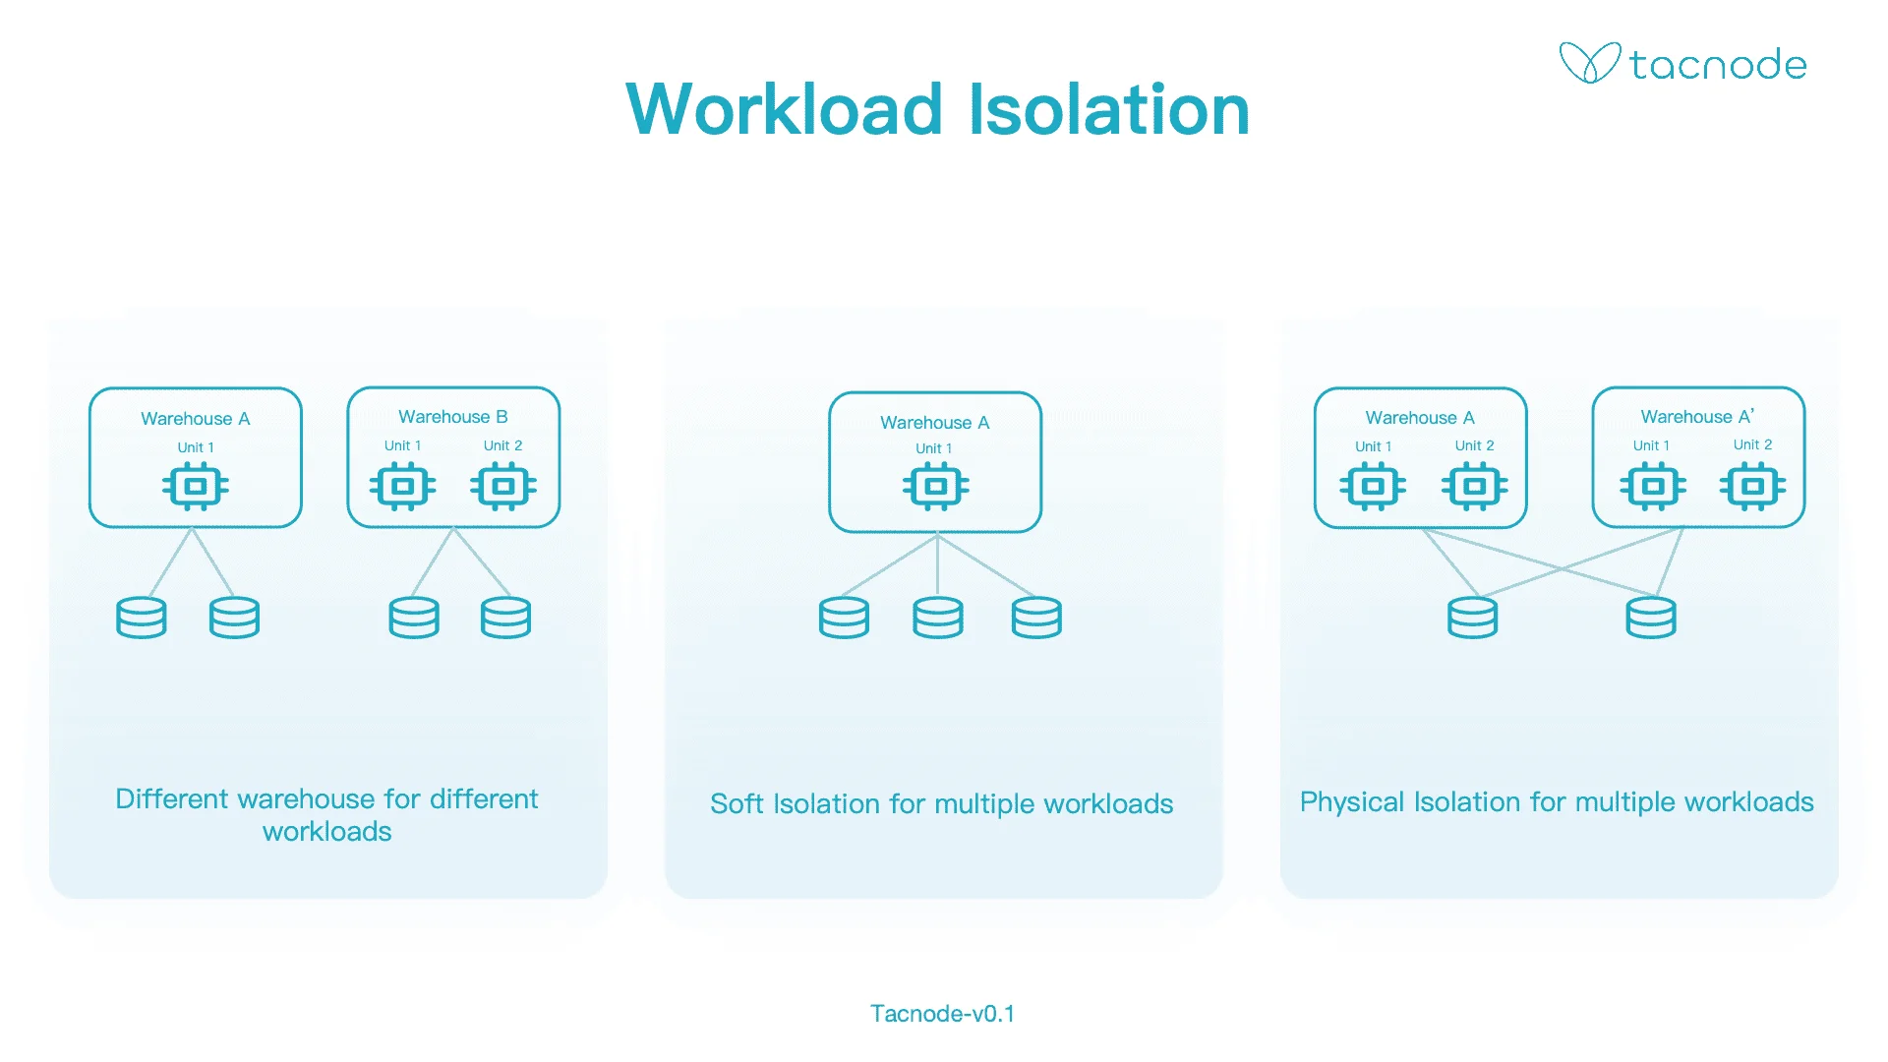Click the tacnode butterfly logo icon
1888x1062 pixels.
click(1589, 63)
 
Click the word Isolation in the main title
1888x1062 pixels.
click(1109, 109)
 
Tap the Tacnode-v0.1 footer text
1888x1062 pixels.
click(942, 1014)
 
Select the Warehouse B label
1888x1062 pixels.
click(452, 417)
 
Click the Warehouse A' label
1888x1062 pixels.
click(1697, 417)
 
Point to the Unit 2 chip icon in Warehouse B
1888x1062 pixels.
click(503, 486)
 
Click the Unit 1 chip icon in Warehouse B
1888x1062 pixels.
click(402, 486)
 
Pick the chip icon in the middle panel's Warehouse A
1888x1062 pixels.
click(935, 486)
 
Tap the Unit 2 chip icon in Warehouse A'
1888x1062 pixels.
click(1752, 486)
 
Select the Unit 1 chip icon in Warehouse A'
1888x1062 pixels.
click(1652, 486)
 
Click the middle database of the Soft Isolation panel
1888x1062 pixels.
click(937, 618)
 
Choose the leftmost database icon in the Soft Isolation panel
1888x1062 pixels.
click(844, 618)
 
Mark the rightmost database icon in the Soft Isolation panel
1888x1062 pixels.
click(1036, 618)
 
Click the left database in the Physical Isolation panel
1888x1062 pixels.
click(1472, 618)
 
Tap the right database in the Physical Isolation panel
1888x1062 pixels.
click(1650, 618)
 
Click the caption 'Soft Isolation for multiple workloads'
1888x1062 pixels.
click(941, 804)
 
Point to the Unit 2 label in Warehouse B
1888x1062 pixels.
click(502, 445)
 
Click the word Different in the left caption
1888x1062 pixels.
click(172, 798)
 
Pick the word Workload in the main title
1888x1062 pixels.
click(785, 109)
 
